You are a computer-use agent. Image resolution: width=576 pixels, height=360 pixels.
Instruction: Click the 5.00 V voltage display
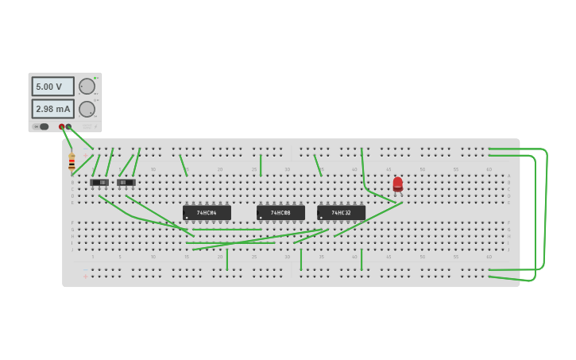tap(52, 86)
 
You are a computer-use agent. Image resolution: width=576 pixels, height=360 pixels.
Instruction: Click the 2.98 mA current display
tap(52, 108)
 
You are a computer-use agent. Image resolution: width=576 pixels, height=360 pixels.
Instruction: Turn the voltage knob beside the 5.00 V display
tap(87, 86)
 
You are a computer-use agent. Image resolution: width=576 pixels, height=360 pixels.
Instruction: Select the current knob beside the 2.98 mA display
tap(87, 109)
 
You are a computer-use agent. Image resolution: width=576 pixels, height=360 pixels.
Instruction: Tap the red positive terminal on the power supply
tap(61, 126)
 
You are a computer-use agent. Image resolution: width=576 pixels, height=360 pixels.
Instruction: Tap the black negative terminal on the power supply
tap(69, 126)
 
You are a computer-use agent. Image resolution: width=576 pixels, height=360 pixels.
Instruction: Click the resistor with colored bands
tap(72, 164)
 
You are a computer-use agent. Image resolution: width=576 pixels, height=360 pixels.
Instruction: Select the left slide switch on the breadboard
tap(99, 183)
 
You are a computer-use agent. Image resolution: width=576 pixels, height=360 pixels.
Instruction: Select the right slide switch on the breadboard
tap(126, 183)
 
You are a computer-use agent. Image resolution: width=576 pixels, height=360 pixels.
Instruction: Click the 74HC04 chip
tap(207, 213)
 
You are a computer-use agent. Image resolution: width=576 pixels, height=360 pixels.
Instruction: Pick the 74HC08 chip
tap(280, 213)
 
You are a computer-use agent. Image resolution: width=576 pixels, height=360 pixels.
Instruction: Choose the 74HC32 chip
tap(341, 213)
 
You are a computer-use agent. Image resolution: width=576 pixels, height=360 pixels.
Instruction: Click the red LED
tap(397, 184)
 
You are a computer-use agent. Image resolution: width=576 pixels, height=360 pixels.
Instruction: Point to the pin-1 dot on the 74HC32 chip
tap(322, 217)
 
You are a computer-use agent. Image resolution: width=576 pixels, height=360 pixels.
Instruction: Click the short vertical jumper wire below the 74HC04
tap(227, 260)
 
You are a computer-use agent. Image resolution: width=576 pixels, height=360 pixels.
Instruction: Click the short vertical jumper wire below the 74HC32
tap(361, 260)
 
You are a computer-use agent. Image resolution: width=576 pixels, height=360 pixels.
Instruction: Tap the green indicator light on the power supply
tap(95, 78)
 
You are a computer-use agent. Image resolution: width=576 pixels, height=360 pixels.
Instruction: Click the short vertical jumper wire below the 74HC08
tap(301, 260)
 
